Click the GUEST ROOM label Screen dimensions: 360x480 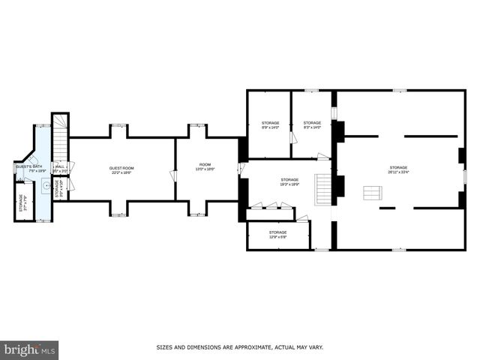coord(121,170)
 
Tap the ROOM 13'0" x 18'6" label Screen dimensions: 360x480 coord(205,166)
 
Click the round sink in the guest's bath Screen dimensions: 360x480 coord(46,183)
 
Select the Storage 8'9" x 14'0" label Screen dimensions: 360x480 coord(270,124)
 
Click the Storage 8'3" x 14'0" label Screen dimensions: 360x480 coord(312,124)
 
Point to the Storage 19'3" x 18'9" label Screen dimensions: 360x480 coord(289,181)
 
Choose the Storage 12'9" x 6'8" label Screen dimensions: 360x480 coord(277,235)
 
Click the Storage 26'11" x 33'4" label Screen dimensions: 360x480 coord(397,169)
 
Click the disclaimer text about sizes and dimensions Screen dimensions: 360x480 coord(239,347)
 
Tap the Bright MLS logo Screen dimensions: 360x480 coord(29,349)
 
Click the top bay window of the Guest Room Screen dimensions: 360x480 coord(118,129)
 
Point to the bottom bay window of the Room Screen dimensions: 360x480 coord(197,210)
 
